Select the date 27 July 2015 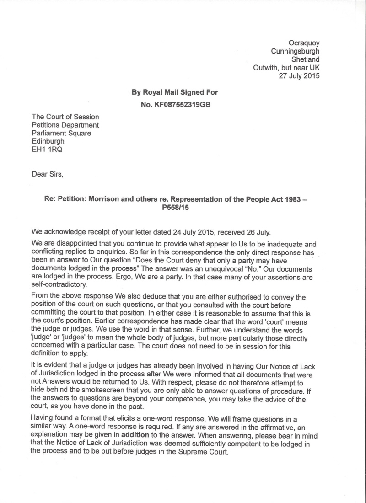click(299, 76)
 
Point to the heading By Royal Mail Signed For click(175, 92)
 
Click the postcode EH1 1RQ click(47, 150)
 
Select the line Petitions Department click(65, 125)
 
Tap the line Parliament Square click(61, 133)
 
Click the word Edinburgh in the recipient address click(48, 141)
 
